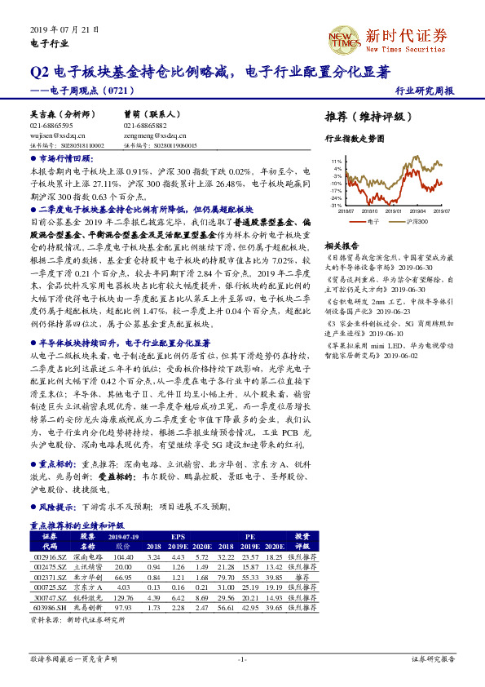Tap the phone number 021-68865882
coord(146,126)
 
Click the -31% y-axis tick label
coord(334,206)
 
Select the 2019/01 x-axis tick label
coord(394,211)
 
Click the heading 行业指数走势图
coord(354,140)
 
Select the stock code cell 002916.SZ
coord(48,557)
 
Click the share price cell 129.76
coord(123,597)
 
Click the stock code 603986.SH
coord(48,608)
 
